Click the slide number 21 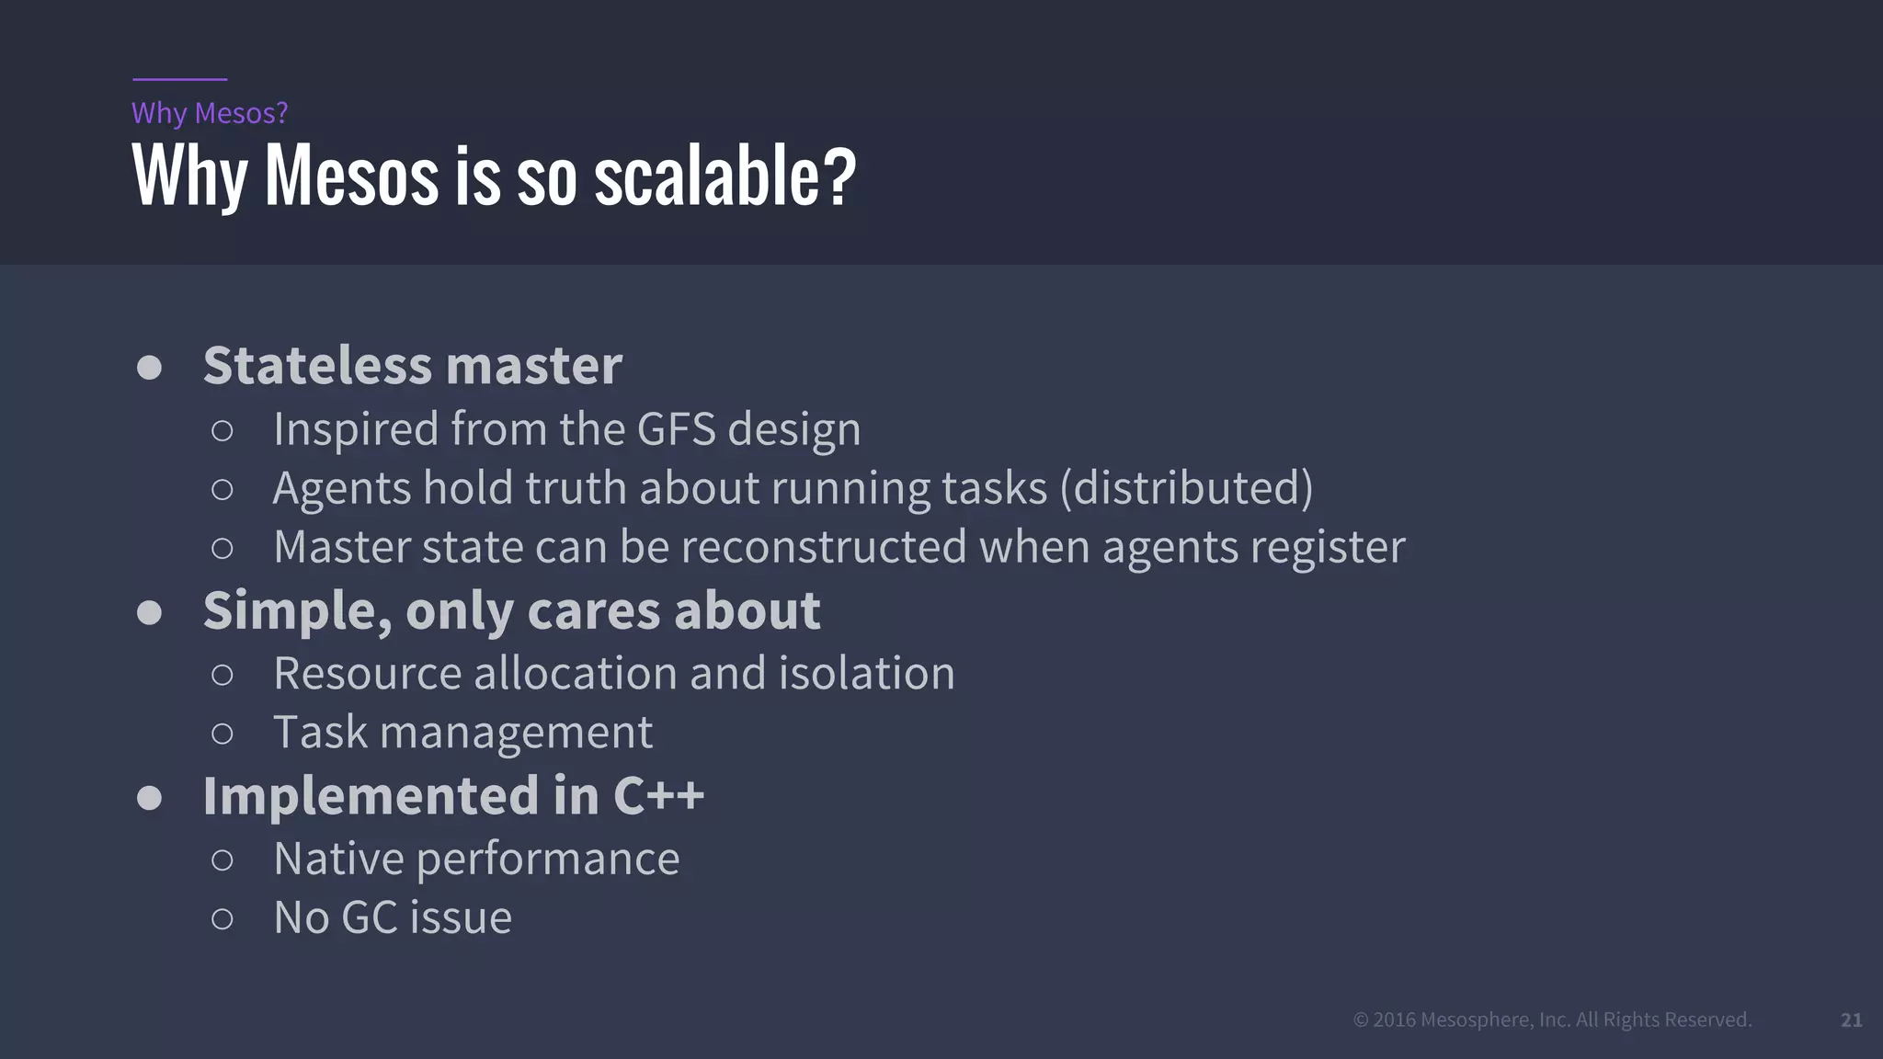coord(1851,1019)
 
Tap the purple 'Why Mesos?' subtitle coord(210,113)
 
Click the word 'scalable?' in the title coord(725,176)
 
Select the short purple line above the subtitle coord(179,80)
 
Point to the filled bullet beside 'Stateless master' coord(149,368)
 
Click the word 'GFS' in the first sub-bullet coord(676,429)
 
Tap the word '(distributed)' coord(1186,488)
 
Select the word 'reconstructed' coord(824,547)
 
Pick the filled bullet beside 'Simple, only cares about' coord(149,613)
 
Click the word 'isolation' coord(866,673)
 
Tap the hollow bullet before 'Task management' coord(222,734)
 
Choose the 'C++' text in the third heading coord(658,795)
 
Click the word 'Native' coord(338,859)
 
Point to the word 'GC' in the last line coord(369,917)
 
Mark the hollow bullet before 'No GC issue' coord(222,918)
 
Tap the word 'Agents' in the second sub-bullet coord(341,488)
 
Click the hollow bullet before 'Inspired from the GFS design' coord(222,430)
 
